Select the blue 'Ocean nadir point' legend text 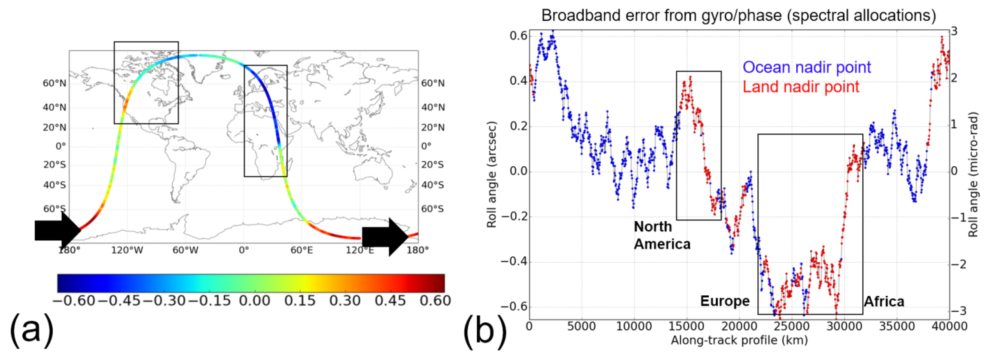coord(806,67)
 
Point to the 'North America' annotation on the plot coord(662,235)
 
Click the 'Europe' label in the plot coord(724,301)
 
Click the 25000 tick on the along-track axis coord(791,326)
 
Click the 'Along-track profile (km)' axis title coord(739,340)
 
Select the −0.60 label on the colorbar coord(74,301)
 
